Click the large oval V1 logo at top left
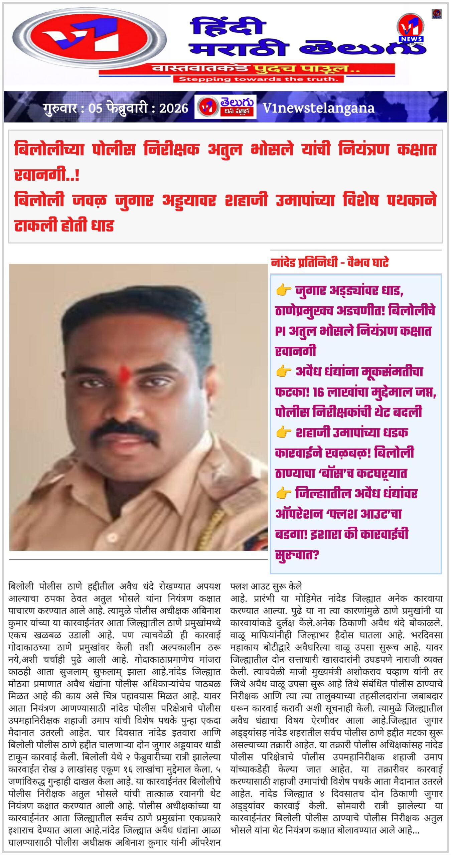click(x=90, y=42)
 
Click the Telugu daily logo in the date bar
click(x=225, y=107)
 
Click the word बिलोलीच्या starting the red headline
click(x=49, y=149)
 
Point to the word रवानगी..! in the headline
click(x=47, y=175)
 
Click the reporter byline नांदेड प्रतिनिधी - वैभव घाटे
click(x=330, y=263)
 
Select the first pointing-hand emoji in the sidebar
click(x=284, y=291)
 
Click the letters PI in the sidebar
click(x=280, y=331)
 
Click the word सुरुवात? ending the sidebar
click(x=297, y=555)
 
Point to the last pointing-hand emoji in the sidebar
click(x=284, y=493)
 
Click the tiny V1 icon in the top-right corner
click(x=436, y=13)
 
